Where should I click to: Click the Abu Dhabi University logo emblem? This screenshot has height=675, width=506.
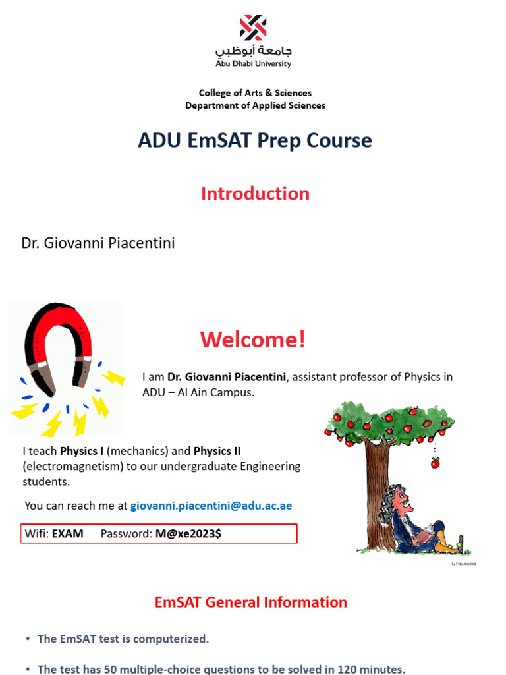tap(253, 28)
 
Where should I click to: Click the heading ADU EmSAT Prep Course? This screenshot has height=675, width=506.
tap(254, 140)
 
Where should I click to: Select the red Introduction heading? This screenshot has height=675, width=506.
tap(255, 194)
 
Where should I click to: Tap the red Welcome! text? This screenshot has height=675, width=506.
tap(253, 340)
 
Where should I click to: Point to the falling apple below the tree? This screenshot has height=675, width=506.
tap(435, 463)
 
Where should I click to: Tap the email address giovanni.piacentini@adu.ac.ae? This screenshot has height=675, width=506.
tap(211, 506)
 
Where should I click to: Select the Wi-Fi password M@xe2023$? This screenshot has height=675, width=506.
tap(188, 534)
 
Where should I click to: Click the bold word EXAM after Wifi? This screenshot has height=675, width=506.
tap(68, 534)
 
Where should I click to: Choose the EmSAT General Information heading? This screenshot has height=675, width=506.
tap(250, 602)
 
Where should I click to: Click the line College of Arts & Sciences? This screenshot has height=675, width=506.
tap(255, 93)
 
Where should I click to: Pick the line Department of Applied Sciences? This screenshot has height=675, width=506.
tap(255, 105)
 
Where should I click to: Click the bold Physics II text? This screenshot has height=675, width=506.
tap(217, 452)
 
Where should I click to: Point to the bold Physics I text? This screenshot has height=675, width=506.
tap(82, 452)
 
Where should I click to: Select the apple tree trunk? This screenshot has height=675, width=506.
tap(378, 488)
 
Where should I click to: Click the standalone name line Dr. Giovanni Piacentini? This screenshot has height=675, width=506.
tap(98, 243)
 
